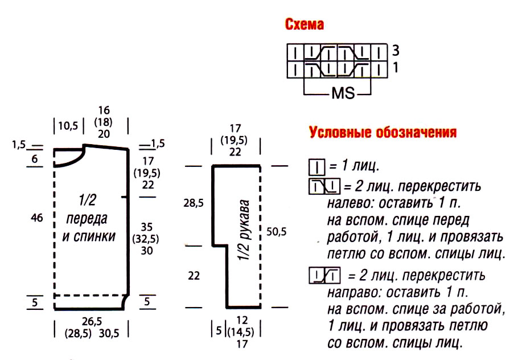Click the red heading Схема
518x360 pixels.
305,25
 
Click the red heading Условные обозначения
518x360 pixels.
383,133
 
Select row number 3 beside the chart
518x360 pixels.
395,50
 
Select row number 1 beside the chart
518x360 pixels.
395,67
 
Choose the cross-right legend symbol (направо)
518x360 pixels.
323,277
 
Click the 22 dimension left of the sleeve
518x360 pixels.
194,276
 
